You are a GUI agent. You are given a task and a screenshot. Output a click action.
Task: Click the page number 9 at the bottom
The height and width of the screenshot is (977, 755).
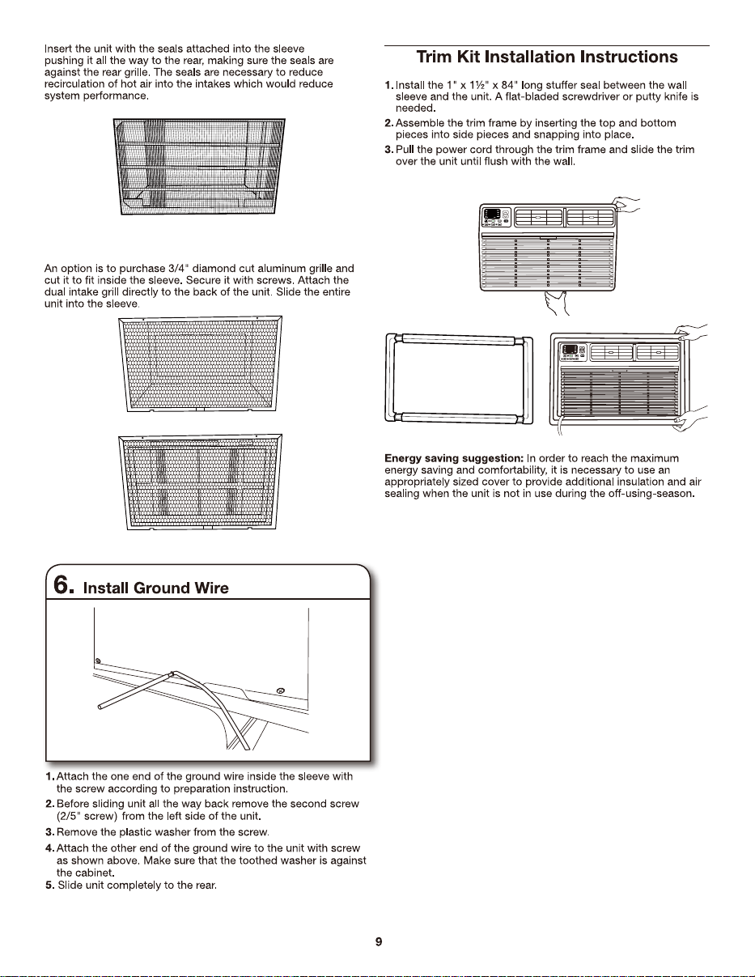coord(379,941)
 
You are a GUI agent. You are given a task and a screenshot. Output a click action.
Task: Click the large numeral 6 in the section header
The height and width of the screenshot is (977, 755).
coord(62,585)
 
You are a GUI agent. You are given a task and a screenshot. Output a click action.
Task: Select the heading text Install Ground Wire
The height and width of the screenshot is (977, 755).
coord(155,588)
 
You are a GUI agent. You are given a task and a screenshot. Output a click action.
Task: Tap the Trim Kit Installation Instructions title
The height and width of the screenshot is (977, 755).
coord(547,57)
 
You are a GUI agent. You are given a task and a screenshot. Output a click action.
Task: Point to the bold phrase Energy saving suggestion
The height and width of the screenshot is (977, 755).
coord(454,459)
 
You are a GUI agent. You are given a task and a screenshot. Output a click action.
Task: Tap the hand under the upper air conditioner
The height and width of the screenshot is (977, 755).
coord(557,302)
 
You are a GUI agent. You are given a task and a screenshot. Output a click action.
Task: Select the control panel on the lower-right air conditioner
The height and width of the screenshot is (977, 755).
coord(573,351)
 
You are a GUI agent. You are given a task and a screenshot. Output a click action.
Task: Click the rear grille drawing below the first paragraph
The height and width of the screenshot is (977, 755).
coord(198,167)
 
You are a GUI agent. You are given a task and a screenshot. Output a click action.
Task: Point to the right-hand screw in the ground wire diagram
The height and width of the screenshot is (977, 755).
coord(281,690)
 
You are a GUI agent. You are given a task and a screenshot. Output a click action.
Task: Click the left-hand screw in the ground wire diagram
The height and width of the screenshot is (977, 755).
coord(98,661)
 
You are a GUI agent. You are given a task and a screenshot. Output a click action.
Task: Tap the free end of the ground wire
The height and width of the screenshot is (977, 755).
coord(100,707)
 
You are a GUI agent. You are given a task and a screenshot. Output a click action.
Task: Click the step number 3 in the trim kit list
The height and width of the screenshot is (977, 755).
coord(389,150)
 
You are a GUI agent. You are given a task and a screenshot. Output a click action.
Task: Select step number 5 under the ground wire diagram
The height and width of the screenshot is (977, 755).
coord(49,886)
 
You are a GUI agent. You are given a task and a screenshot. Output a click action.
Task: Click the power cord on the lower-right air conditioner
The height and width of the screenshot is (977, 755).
coord(560,425)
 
